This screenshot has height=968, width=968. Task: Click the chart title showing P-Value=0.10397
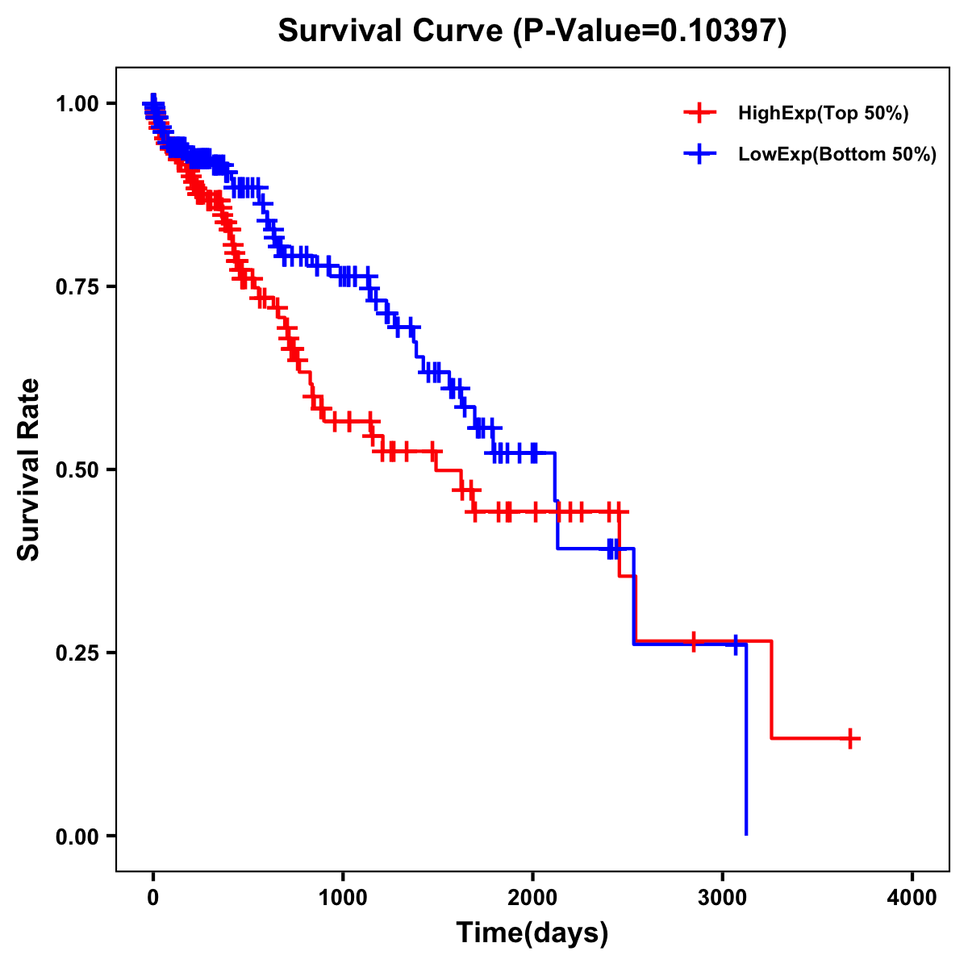pos(532,31)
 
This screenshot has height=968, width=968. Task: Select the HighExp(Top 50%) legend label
pos(823,114)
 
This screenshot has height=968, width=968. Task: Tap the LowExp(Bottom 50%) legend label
pos(837,155)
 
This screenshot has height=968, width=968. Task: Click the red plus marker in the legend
pos(699,113)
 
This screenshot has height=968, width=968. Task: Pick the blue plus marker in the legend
pos(699,153)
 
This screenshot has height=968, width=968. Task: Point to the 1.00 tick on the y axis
pos(77,103)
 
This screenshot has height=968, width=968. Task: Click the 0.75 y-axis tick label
pos(77,286)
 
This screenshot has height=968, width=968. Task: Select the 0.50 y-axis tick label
pos(77,469)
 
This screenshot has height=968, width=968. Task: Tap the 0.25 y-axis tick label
pos(77,653)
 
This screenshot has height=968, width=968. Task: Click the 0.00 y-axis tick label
pos(77,836)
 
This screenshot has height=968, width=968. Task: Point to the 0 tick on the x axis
pos(153,898)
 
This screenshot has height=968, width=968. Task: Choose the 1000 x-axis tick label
pos(343,898)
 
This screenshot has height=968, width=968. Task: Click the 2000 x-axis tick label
pos(532,898)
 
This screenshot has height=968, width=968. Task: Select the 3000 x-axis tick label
pos(723,898)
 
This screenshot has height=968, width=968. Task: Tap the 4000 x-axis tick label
pos(912,898)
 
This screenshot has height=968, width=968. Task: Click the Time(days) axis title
pos(532,933)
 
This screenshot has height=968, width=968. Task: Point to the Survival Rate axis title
pos(29,469)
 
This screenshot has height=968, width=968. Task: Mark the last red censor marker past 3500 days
pos(850,738)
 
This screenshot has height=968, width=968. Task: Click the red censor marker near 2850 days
pos(694,641)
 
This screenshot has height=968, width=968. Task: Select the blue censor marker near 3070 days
pos(736,645)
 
